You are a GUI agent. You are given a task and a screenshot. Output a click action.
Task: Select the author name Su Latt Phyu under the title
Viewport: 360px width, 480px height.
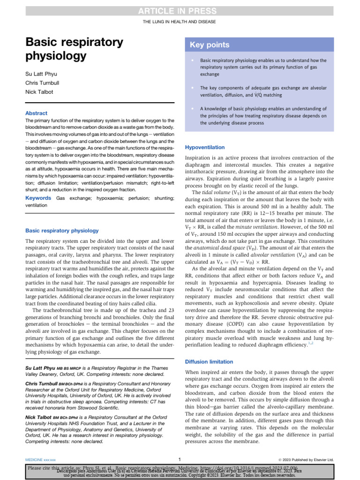tap(42, 74)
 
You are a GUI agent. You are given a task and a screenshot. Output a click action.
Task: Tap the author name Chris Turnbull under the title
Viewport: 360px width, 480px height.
tap(44, 83)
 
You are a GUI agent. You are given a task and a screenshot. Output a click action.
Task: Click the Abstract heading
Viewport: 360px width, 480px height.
tap(36, 113)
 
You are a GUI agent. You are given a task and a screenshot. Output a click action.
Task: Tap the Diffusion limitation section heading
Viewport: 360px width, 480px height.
tap(209, 361)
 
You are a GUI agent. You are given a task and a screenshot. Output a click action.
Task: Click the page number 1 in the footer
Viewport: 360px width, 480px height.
tap(180, 459)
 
